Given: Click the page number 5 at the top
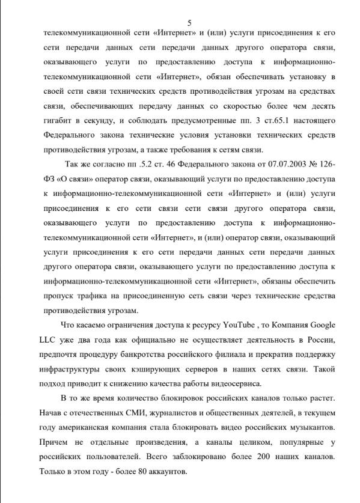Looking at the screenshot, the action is tap(189, 22).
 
